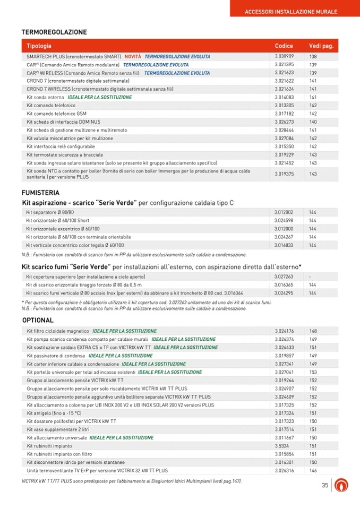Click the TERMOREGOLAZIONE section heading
coord(54,32)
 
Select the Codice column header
coord(284,46)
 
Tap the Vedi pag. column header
coord(321,46)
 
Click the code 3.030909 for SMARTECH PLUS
coord(284,56)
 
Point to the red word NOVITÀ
coord(133,56)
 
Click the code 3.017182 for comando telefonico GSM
coord(284,114)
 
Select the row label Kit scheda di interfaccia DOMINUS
coord(63,122)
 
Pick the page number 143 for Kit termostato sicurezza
coord(313,154)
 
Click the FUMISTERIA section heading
coord(40,193)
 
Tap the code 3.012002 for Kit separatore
coord(284,212)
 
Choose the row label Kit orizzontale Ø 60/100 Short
coord(57,220)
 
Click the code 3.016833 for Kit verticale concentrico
coord(284,245)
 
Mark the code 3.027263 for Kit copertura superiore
coord(284,277)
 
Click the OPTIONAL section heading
coord(38,320)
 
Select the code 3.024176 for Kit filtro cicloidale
coord(284,331)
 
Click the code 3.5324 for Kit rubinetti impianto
coord(281,446)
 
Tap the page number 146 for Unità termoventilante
coord(313,470)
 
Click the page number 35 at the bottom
coord(325,485)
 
